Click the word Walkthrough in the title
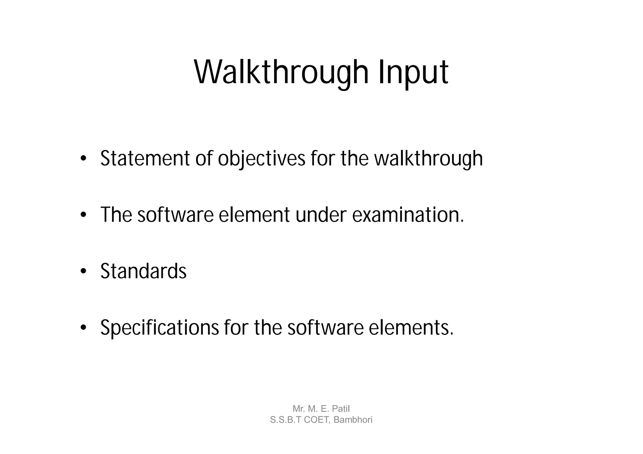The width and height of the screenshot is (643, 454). click(x=281, y=72)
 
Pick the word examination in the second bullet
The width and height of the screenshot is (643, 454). click(x=408, y=215)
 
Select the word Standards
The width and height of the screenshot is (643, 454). click(x=143, y=271)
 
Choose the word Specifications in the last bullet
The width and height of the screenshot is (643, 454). click(x=159, y=328)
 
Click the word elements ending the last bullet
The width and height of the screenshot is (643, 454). click(x=411, y=328)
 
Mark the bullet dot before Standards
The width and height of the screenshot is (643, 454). click(x=83, y=272)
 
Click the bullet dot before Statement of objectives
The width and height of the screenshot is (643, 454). click(x=83, y=159)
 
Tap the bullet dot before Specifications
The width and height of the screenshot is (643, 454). click(x=83, y=328)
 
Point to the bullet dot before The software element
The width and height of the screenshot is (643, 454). click(x=83, y=215)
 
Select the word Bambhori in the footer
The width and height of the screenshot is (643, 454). click(x=353, y=420)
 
